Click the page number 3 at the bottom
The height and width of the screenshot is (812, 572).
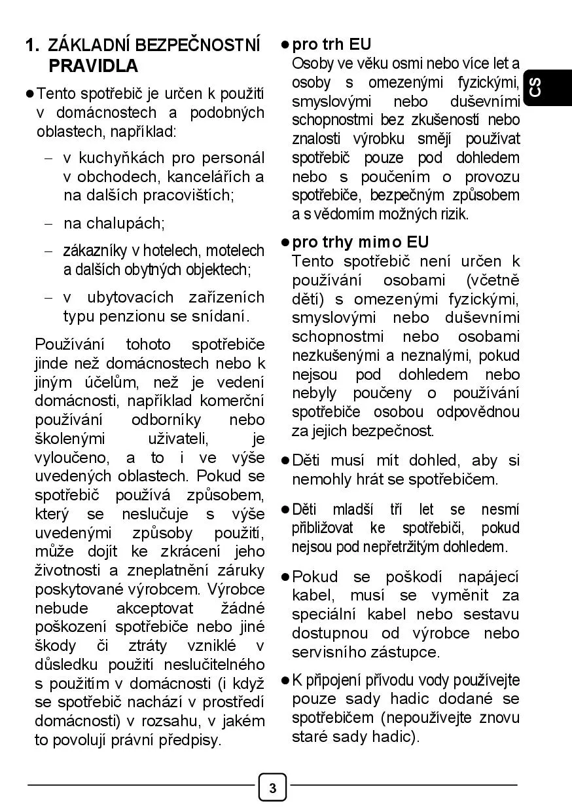272,788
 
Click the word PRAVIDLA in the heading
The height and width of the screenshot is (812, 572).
94,66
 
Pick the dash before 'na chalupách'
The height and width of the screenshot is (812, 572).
48,223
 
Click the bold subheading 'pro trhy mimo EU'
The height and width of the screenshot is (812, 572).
360,242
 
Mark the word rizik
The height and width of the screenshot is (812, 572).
453,213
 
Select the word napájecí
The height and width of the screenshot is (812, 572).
488,577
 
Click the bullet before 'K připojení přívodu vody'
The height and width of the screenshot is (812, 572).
285,680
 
